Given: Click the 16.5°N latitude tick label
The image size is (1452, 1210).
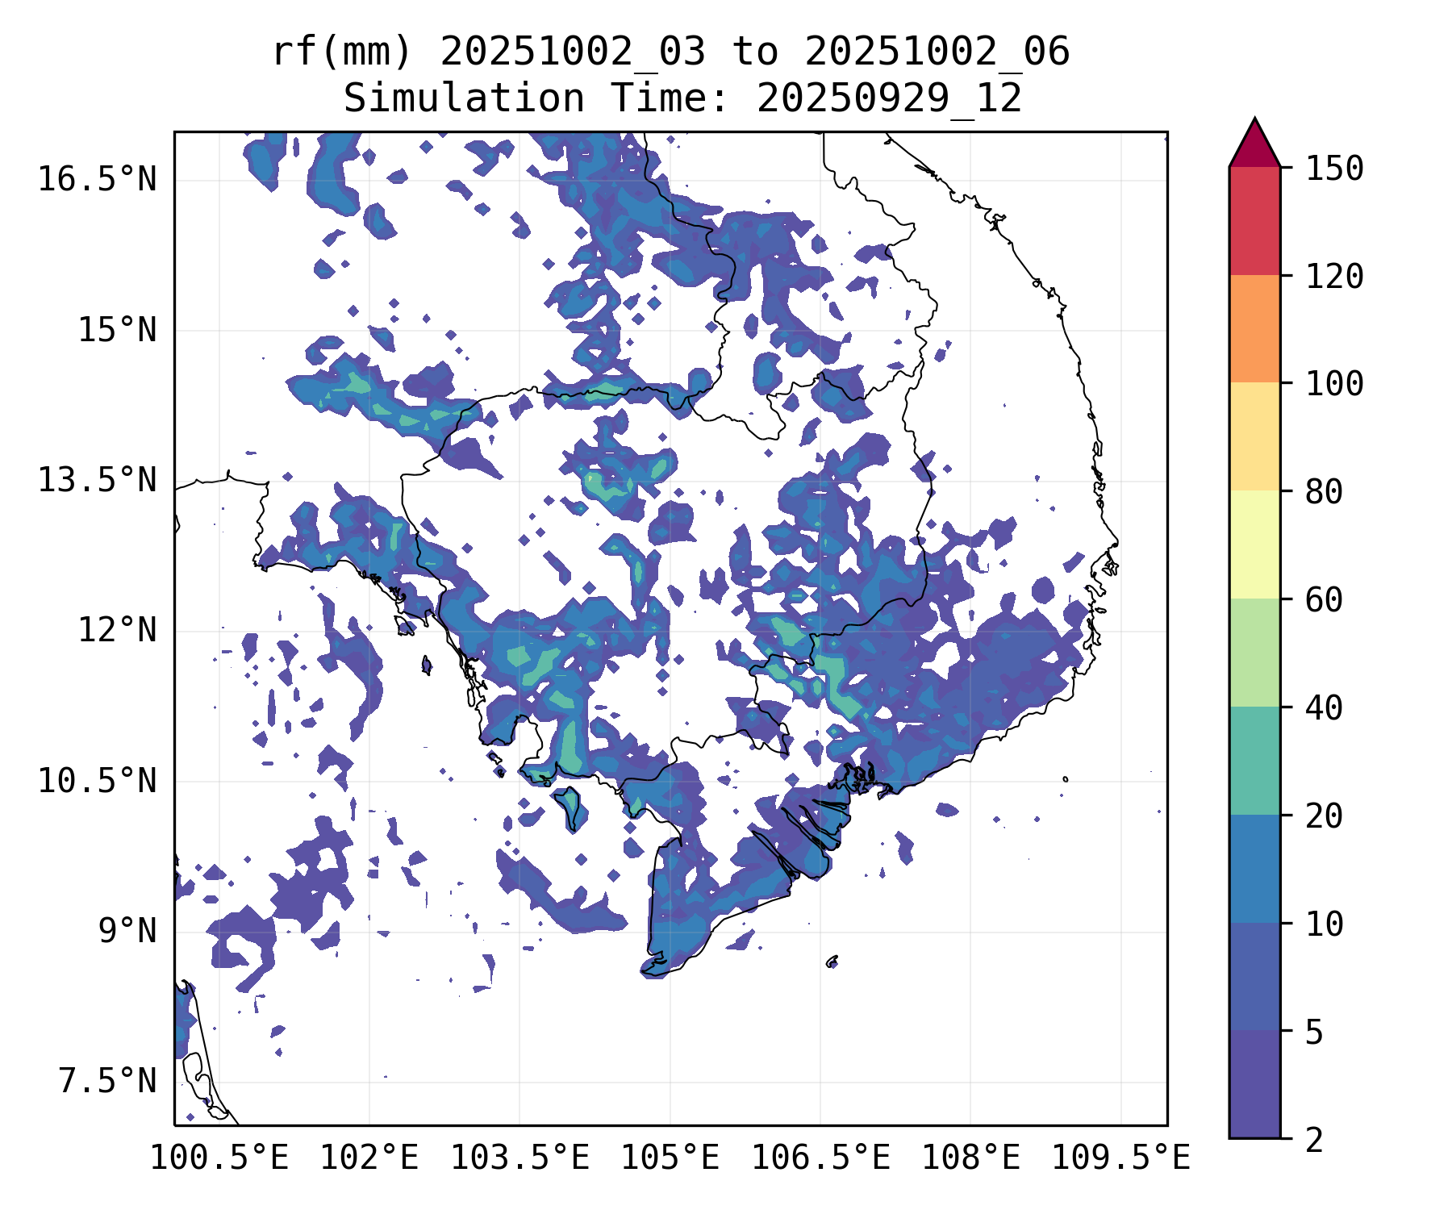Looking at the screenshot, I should tap(97, 179).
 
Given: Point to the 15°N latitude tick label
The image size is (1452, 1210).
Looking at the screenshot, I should tap(117, 330).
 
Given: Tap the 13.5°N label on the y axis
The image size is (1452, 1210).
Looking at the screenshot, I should tap(97, 480).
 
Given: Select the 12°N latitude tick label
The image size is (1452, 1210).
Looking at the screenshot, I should tap(117, 630).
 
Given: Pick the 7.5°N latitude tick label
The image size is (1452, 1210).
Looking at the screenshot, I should tap(107, 1081).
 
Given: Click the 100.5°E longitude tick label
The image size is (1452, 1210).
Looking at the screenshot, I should tap(219, 1158).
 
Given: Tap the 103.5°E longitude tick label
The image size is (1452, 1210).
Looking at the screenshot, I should tap(519, 1158).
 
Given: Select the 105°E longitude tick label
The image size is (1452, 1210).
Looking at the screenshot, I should tap(670, 1158).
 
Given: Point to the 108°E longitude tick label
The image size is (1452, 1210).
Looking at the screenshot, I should tap(970, 1158).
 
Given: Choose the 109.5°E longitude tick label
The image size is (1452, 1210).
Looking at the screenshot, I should tap(1120, 1158).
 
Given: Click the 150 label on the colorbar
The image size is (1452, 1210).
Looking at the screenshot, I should tap(1334, 169).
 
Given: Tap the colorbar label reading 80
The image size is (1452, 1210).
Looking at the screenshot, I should tap(1324, 491).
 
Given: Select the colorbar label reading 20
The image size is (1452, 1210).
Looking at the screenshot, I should tap(1324, 816).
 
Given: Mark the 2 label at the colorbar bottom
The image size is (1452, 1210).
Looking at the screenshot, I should tap(1314, 1140).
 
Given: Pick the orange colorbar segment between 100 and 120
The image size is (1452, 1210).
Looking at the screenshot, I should tap(1254, 328).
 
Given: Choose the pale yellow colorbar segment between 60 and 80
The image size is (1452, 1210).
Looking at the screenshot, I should tap(1254, 544).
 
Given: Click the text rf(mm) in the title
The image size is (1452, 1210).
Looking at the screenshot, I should tap(342, 52).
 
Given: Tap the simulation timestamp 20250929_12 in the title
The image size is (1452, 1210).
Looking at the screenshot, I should tap(889, 98).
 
